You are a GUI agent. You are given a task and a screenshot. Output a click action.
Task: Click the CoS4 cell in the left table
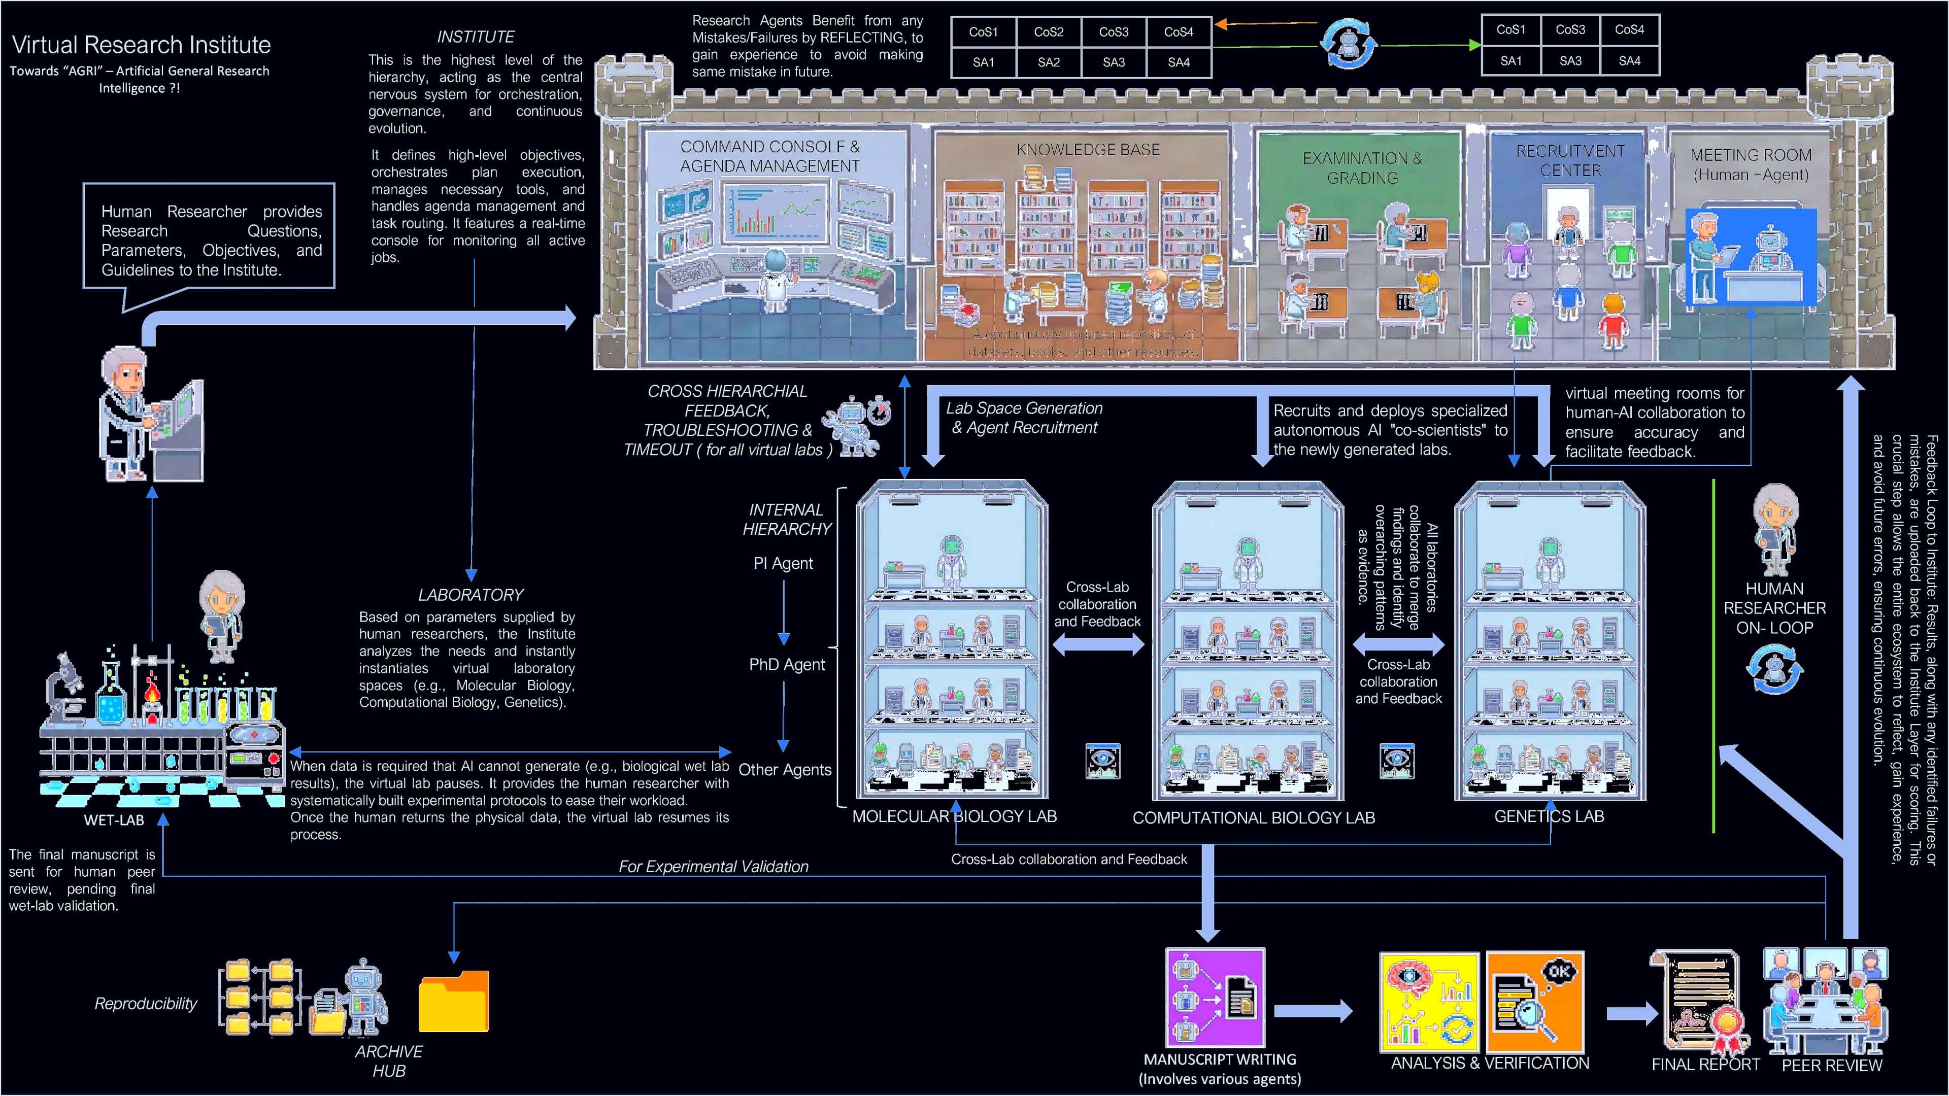[x=1178, y=32]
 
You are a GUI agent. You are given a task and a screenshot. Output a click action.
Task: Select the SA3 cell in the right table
[x=1570, y=60]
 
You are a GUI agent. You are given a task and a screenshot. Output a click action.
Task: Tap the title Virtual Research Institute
[x=142, y=45]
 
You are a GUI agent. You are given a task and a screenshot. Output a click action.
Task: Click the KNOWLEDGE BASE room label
[x=1087, y=150]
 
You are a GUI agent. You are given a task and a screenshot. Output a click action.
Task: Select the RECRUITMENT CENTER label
[x=1570, y=160]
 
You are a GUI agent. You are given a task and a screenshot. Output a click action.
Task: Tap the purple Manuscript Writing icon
[x=1215, y=998]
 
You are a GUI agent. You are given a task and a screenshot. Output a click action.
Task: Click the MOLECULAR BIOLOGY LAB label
[x=954, y=816]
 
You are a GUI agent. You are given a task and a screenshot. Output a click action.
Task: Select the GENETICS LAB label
[x=1549, y=816]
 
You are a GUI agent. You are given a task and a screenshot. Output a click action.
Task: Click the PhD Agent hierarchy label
[x=787, y=664]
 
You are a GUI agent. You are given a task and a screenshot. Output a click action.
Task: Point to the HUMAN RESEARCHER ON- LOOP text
[x=1774, y=608]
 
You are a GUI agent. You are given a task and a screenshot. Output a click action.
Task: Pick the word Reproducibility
[x=145, y=1004]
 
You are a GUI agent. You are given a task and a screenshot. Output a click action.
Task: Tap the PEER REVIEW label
[x=1831, y=1065]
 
